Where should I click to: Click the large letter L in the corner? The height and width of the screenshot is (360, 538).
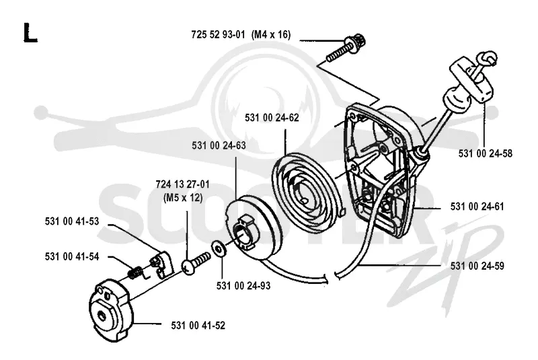coord(30,32)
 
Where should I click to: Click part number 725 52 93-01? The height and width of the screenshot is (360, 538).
coord(218,35)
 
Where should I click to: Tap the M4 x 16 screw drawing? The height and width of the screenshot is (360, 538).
coord(346,49)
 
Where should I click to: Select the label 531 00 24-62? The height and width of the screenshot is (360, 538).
coord(272,118)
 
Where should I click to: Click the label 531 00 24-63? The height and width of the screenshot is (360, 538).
coord(219,145)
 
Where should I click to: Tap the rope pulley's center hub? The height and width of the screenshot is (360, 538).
coord(245,231)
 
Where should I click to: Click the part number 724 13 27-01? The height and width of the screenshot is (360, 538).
coord(182,184)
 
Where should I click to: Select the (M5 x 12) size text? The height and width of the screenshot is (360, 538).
coord(183,198)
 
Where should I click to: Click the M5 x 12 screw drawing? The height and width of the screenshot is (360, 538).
coord(195,262)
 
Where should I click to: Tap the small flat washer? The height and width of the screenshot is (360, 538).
coord(218,248)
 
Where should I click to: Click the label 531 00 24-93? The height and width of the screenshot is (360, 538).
coord(243,285)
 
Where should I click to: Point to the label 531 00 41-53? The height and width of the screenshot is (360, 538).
coord(72,221)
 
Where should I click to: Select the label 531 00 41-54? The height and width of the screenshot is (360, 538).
coord(72,256)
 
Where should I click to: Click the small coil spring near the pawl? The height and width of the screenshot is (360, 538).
coord(136,273)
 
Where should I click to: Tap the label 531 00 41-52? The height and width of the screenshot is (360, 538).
coord(198,325)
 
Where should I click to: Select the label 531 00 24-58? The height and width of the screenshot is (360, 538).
coord(485,153)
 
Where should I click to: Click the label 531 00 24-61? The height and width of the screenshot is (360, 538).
coord(477,207)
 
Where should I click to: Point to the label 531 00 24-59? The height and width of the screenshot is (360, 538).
coord(477,266)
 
